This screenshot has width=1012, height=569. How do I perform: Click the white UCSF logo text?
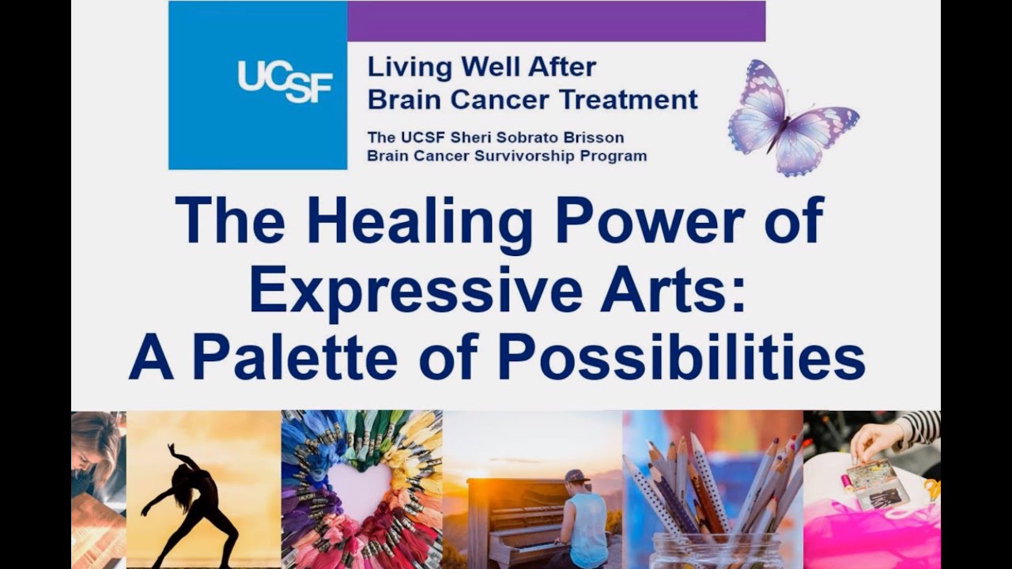(285, 81)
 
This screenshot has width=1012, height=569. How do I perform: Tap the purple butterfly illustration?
(791, 117)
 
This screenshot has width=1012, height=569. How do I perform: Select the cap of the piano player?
(577, 477)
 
